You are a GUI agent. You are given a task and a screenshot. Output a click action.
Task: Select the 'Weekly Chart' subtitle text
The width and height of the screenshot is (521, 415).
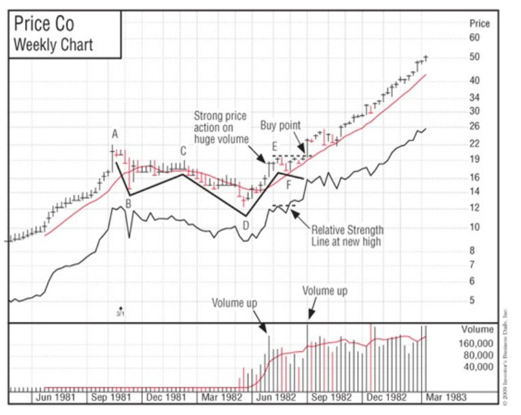coord(53,45)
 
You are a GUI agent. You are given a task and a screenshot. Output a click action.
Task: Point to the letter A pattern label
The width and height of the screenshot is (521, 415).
coord(114,134)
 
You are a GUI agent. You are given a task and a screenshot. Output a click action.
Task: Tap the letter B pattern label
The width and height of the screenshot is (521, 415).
coord(129,204)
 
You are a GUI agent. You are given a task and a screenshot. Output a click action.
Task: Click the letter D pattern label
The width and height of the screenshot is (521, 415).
coord(245,225)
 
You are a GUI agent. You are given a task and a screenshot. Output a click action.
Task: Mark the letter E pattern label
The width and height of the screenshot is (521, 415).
coord(275,145)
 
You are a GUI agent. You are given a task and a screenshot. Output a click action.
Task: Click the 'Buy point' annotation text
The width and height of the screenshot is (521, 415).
coord(281,125)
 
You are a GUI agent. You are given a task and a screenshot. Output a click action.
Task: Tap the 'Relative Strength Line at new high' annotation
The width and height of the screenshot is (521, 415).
coord(347,235)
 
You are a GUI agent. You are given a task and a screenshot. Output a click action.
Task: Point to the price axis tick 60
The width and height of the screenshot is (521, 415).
coord(474,38)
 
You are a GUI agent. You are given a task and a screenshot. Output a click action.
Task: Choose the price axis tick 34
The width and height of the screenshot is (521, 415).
coord(474,97)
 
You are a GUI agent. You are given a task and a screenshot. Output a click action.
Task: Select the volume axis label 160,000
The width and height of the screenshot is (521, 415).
coord(477,343)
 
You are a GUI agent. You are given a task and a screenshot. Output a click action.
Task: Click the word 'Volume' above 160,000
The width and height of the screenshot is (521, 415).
coord(477,329)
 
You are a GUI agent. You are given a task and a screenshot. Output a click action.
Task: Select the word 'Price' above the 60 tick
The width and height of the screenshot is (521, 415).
coord(479,23)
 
